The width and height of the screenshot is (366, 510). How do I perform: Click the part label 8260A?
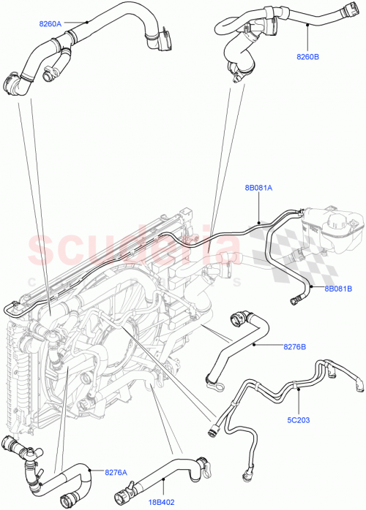[x=52, y=24]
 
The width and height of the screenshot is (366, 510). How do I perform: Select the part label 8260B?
[x=309, y=55]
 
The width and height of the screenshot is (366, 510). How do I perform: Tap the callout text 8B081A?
[x=260, y=188]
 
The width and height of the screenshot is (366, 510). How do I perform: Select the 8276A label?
[x=115, y=472]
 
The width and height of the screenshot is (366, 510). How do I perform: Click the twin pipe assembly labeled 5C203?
[x=278, y=395]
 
